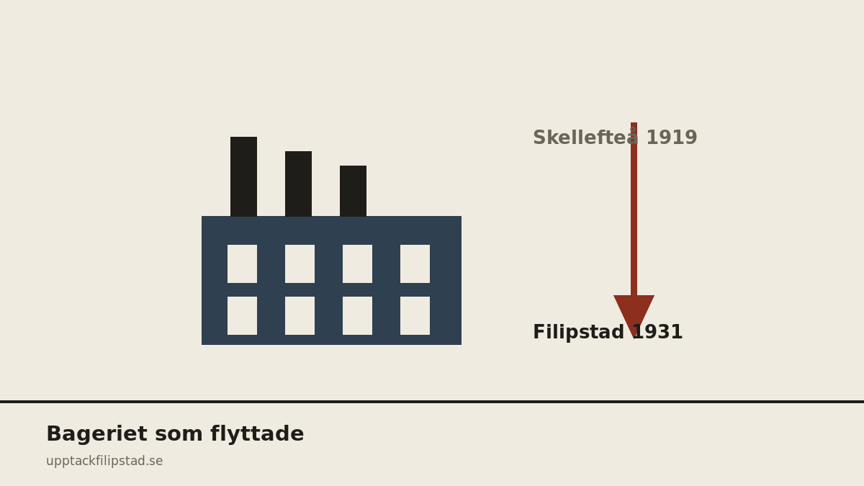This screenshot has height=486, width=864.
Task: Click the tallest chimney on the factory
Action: pyautogui.click(x=243, y=176)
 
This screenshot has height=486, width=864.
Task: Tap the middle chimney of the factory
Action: pyautogui.click(x=298, y=184)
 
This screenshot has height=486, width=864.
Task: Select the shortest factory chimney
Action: pyautogui.click(x=353, y=191)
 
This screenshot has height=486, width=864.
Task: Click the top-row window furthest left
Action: pyautogui.click(x=242, y=264)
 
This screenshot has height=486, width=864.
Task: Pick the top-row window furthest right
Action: pyautogui.click(x=415, y=264)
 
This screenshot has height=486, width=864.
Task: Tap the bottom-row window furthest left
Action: pyautogui.click(x=242, y=315)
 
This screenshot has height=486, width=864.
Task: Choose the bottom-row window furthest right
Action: pyautogui.click(x=415, y=315)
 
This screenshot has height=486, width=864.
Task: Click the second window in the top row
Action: pyautogui.click(x=300, y=264)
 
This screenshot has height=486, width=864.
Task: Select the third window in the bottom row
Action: pyautogui.click(x=357, y=315)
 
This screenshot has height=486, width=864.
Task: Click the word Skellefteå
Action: pyautogui.click(x=585, y=137)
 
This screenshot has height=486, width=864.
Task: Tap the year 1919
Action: pyautogui.click(x=672, y=138)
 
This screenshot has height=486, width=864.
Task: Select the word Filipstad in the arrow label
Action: pyautogui.click(x=579, y=332)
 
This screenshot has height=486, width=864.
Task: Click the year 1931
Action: pyautogui.click(x=657, y=332)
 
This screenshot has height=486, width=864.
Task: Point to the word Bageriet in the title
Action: pyautogui.click(x=96, y=434)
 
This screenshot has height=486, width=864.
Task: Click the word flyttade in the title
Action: pyautogui.click(x=257, y=434)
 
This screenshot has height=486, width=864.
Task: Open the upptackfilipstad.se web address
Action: pyautogui.click(x=104, y=462)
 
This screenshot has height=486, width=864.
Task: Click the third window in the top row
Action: pyautogui.click(x=357, y=264)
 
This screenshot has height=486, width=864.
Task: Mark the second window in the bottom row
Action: pyautogui.click(x=300, y=315)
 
